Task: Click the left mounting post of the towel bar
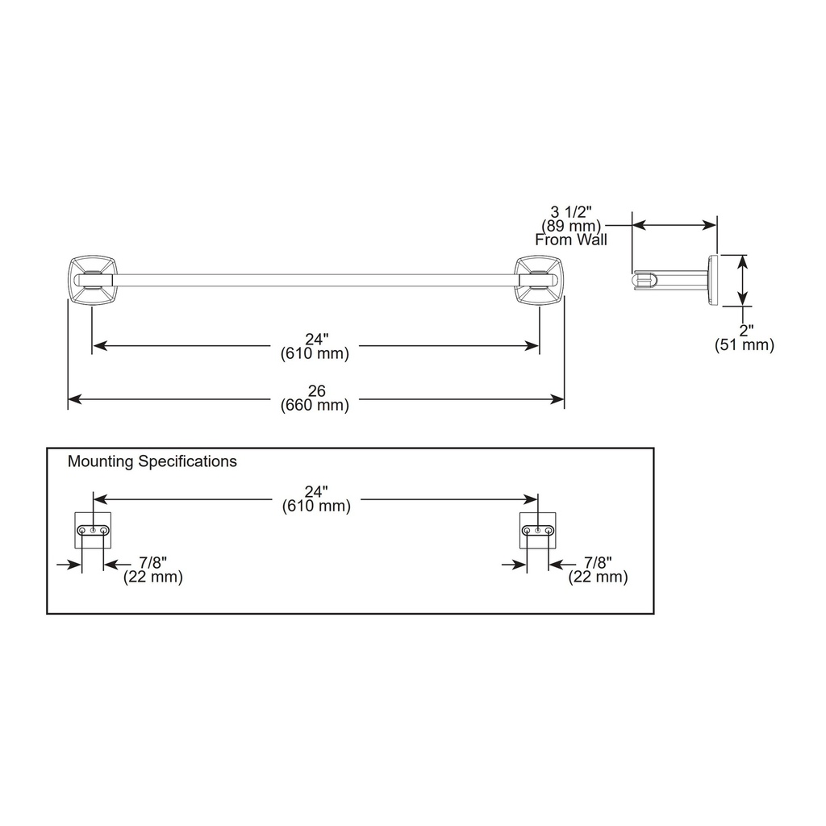[x=93, y=280]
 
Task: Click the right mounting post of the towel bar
[x=539, y=280]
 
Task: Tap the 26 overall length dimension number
[x=316, y=391]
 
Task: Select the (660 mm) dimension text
[x=315, y=405]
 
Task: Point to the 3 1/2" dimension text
[x=571, y=212]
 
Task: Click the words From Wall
[x=571, y=240]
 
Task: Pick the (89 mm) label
[x=571, y=226]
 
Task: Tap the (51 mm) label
[x=745, y=345]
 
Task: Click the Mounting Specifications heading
[x=152, y=461]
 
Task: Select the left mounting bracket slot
[x=94, y=530]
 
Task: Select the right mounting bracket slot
[x=538, y=530]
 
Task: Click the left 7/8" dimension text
[x=152, y=562]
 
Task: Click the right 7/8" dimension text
[x=598, y=562]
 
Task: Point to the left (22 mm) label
[x=153, y=577]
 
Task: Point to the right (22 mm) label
[x=598, y=577]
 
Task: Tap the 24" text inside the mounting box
[x=316, y=491]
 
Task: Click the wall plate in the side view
[x=714, y=280]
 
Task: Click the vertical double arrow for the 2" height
[x=742, y=280]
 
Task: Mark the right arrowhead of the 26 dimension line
[x=557, y=399]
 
